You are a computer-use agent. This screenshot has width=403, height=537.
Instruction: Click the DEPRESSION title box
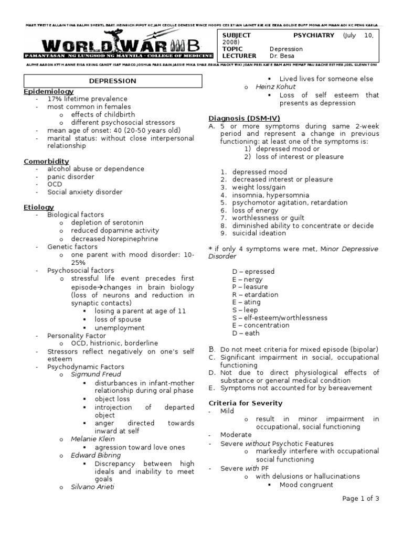pos(113,81)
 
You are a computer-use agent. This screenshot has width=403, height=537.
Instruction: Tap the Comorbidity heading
pos(46,161)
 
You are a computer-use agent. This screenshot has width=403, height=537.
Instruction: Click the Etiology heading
pos(39,207)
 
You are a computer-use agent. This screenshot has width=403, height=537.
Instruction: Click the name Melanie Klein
pos(93,439)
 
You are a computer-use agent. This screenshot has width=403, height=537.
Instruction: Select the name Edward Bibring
pos(96,455)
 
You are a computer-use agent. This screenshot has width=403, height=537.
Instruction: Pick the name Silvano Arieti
pos(93,487)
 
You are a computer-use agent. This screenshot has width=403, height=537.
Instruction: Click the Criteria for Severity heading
pos(246,403)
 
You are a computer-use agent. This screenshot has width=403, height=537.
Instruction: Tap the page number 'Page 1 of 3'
pos(360,499)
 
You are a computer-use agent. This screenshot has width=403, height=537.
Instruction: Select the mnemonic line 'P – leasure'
pos(250,287)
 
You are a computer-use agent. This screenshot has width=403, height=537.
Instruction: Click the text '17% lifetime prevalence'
pos(87,99)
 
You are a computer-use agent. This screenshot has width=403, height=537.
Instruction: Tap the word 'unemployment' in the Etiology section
pos(120,328)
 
